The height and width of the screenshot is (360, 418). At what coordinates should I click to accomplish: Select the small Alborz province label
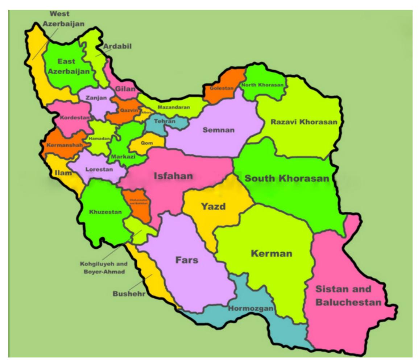tap(146, 112)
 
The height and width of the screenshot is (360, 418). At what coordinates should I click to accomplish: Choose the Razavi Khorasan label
tap(304, 122)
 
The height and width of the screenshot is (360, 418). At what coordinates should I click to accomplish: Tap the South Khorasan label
tap(286, 178)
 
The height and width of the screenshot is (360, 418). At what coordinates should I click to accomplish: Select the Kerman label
tap(271, 253)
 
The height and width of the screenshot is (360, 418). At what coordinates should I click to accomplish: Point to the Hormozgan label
tap(250, 309)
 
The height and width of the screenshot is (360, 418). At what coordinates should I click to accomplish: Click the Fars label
tap(187, 260)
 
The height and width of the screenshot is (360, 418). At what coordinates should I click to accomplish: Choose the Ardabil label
tap(117, 46)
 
